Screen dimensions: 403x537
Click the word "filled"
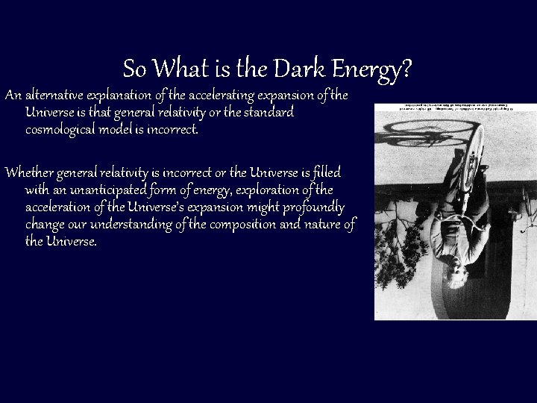point(324,174)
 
